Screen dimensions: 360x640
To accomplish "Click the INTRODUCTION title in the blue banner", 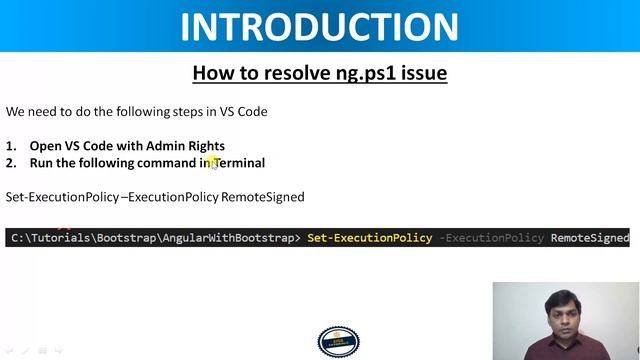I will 319,26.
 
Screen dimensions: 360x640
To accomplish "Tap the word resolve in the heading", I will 291,73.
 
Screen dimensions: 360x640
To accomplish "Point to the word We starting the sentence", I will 15,111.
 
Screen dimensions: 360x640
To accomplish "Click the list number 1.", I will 10,146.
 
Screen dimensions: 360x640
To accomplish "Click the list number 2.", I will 10,162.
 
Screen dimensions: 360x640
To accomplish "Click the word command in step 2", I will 167,162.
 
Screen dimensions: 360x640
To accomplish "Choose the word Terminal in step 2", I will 240,162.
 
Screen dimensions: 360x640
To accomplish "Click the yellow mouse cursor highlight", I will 212,163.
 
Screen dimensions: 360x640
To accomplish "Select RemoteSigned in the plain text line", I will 263,197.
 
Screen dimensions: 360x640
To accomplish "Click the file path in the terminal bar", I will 150,238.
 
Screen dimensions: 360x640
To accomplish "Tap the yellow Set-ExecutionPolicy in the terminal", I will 369,238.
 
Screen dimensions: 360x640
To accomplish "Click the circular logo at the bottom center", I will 331,342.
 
